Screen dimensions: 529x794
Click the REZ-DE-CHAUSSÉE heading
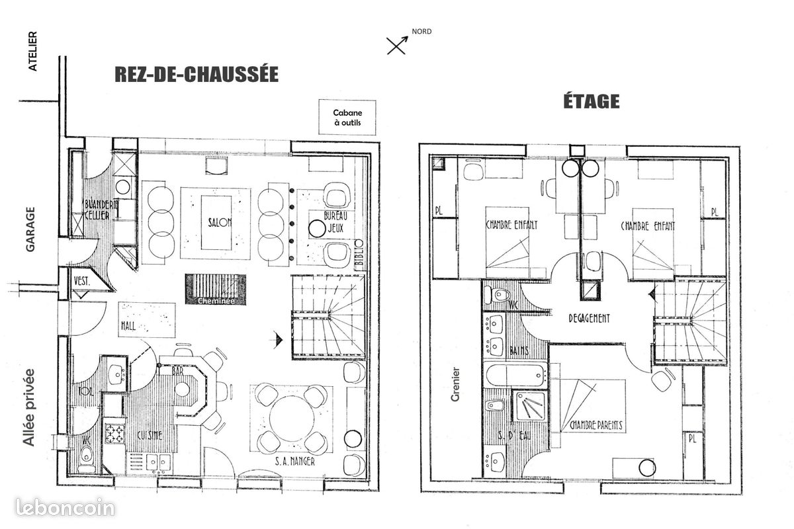click(x=197, y=74)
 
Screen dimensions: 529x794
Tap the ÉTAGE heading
click(x=591, y=101)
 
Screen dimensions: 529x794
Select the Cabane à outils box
click(x=347, y=118)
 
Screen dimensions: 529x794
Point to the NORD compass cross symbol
click(x=397, y=45)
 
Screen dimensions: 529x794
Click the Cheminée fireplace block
click(x=215, y=290)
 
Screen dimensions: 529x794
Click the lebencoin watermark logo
click(x=58, y=508)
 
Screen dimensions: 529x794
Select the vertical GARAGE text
click(x=30, y=229)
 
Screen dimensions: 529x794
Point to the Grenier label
click(x=455, y=383)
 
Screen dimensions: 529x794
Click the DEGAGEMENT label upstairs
click(x=589, y=318)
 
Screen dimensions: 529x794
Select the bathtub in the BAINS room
click(x=517, y=376)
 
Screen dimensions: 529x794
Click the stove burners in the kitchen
click(x=115, y=434)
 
